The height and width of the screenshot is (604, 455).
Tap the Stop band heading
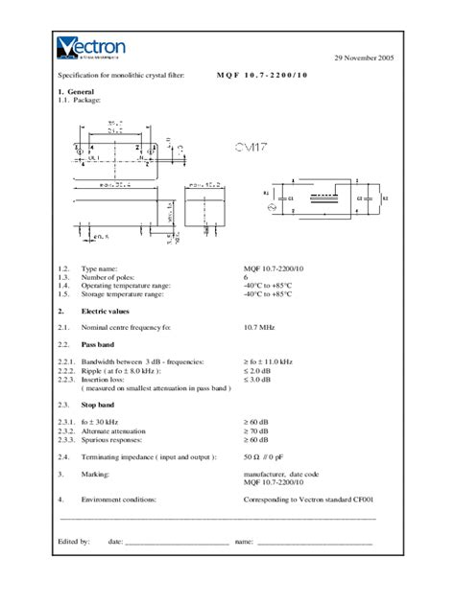tap(101, 406)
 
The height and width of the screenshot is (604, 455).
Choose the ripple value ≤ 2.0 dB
tap(258, 368)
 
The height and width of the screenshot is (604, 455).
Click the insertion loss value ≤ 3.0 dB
tap(258, 379)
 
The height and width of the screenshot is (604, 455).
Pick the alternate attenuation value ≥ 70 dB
tap(256, 430)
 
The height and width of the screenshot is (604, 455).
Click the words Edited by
tap(74, 542)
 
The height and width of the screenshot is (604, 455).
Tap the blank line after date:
tap(177, 543)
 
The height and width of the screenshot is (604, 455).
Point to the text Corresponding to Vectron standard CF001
tap(308, 499)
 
